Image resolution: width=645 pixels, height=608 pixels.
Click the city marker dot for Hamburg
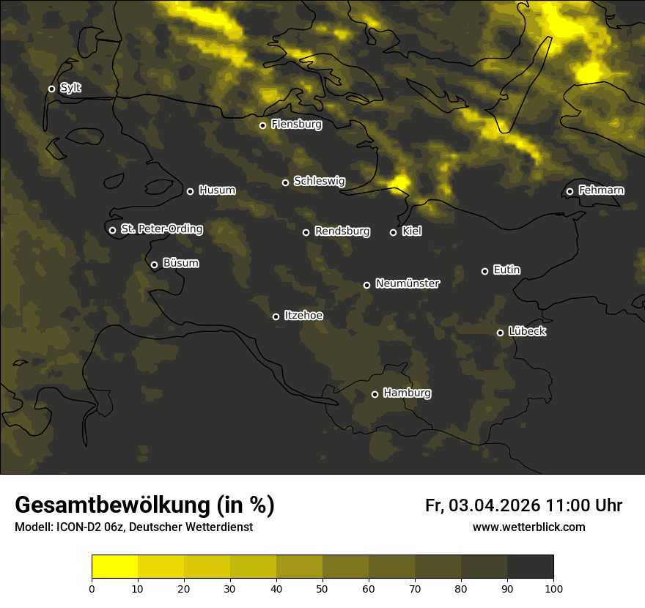(375, 394)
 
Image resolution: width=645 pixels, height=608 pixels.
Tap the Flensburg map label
(296, 125)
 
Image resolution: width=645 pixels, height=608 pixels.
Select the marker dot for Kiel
(393, 232)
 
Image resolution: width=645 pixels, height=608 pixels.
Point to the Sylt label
(70, 88)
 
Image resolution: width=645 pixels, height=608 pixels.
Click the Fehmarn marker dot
(570, 192)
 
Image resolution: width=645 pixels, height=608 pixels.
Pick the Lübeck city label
(527, 332)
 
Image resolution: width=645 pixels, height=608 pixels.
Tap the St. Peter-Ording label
(161, 229)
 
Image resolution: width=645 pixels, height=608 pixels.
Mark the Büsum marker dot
(154, 265)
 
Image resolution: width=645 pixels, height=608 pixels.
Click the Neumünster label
(407, 283)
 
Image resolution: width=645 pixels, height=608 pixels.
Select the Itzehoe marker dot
(276, 316)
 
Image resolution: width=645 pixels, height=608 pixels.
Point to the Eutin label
(506, 270)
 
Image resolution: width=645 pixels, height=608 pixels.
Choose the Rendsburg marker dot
(306, 232)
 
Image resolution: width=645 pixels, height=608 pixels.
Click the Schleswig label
(319, 181)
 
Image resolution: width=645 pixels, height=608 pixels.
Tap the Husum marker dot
(190, 191)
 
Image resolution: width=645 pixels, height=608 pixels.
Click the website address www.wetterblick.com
(528, 527)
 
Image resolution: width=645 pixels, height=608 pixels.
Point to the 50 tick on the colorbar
(322, 587)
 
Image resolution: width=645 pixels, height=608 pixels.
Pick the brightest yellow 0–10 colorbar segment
(114, 567)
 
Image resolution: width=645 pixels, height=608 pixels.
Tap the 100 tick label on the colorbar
(553, 587)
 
